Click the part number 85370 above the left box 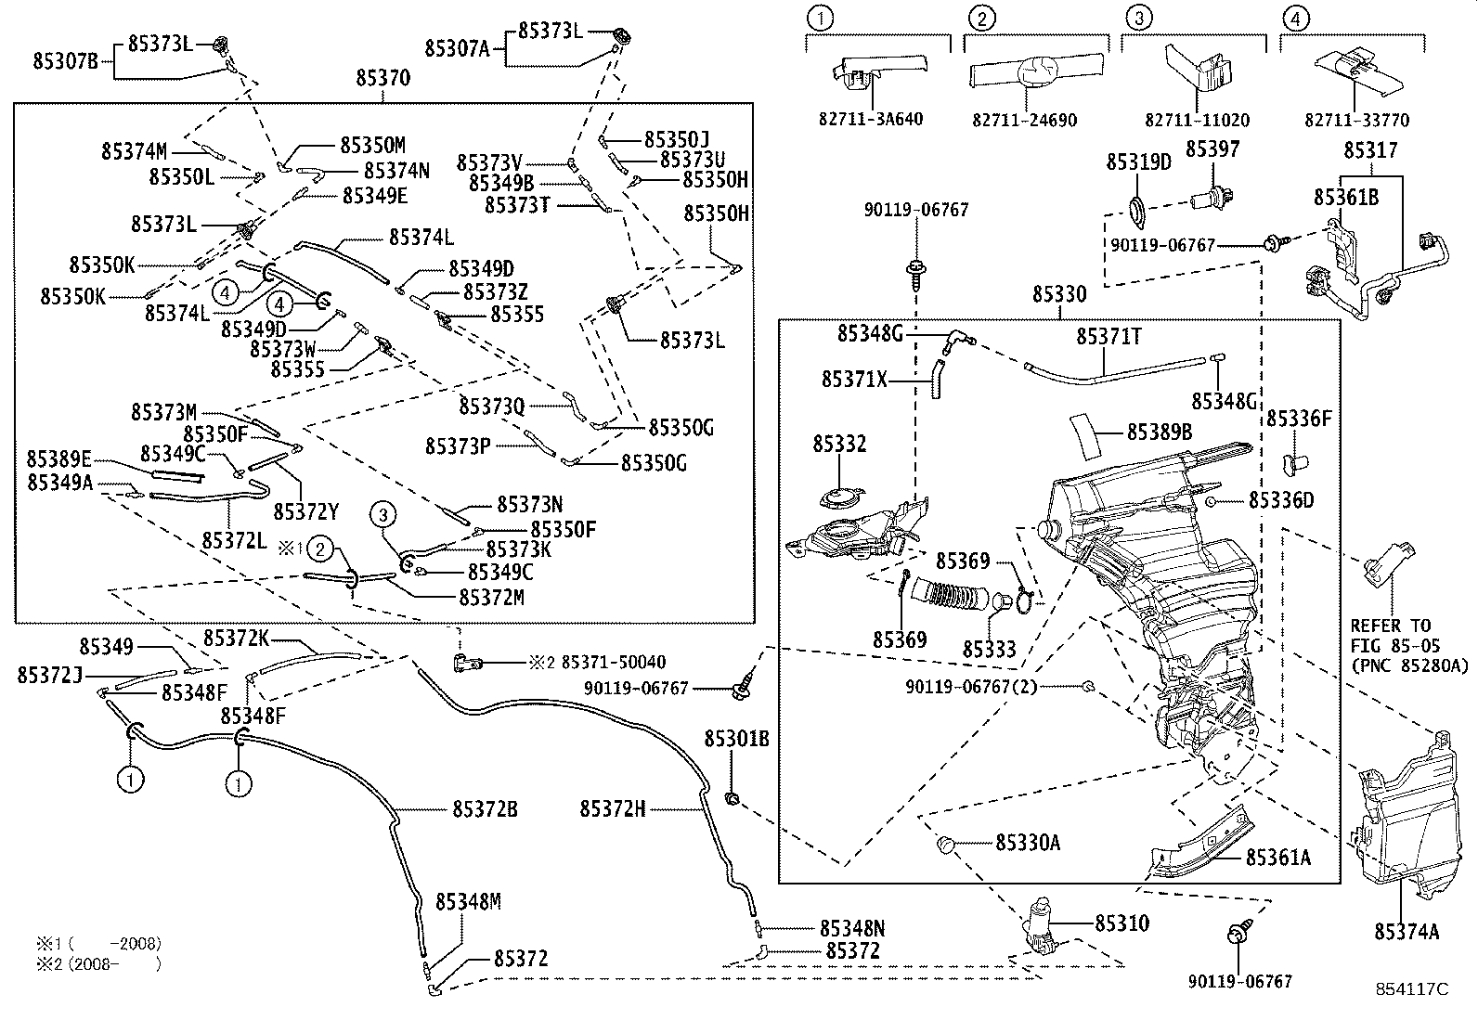382,78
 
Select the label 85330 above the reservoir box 1058,295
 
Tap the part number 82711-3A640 871,120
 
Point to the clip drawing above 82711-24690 1034,72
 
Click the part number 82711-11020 1197,120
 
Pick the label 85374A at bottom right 1407,931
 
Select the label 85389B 1160,432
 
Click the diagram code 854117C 1411,989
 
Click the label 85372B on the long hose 485,809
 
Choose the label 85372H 612,809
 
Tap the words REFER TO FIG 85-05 1390,635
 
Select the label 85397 1212,149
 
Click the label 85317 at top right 1370,149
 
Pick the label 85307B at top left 65,61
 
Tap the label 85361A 1277,857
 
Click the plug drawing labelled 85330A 947,843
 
